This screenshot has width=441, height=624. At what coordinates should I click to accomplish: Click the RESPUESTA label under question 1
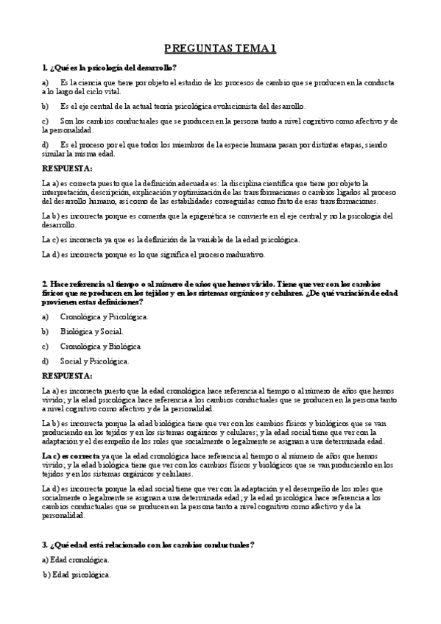click(67, 169)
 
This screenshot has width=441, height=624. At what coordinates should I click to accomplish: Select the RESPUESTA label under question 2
click(67, 376)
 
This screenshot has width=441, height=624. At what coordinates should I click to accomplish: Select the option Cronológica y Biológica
click(101, 346)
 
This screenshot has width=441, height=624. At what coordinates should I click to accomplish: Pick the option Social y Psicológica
click(95, 361)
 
